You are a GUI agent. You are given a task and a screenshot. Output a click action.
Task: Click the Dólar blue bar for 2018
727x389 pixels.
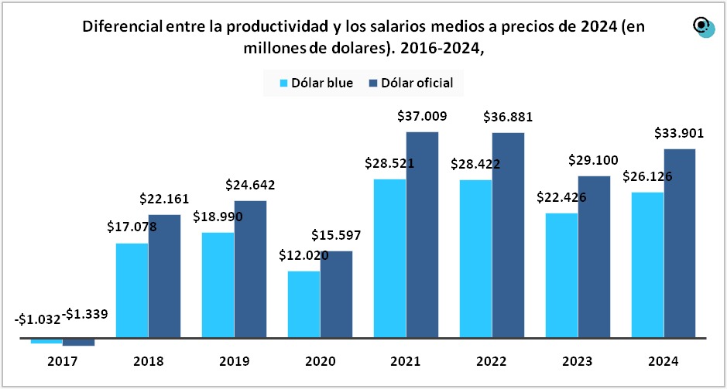[132, 291]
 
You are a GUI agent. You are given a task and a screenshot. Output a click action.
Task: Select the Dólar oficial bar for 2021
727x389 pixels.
[422, 235]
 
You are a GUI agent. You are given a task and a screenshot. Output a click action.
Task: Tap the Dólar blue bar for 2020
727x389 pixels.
[303, 305]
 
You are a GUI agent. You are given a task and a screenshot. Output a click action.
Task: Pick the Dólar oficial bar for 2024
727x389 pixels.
[680, 244]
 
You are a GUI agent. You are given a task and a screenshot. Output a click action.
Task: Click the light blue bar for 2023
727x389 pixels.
[561, 275]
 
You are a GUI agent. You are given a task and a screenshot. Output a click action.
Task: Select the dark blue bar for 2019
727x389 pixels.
[250, 269]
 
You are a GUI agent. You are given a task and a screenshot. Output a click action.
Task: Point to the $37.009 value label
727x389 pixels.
[422, 117]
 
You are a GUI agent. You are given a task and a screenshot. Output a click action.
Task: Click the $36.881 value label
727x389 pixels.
[508, 118]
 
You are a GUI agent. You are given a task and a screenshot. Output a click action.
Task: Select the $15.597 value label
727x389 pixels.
[336, 235]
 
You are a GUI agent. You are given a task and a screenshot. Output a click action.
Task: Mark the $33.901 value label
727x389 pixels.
[679, 133]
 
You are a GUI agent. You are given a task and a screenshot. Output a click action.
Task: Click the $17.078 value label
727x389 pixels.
[132, 227]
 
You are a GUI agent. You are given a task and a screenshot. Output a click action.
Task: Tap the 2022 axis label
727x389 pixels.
[491, 361]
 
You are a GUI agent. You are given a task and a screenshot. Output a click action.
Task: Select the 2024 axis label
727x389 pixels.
[664, 361]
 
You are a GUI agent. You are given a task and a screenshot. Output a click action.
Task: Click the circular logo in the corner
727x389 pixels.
[703, 28]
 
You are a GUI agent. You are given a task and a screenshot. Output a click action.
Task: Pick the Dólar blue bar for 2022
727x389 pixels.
[475, 259]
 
